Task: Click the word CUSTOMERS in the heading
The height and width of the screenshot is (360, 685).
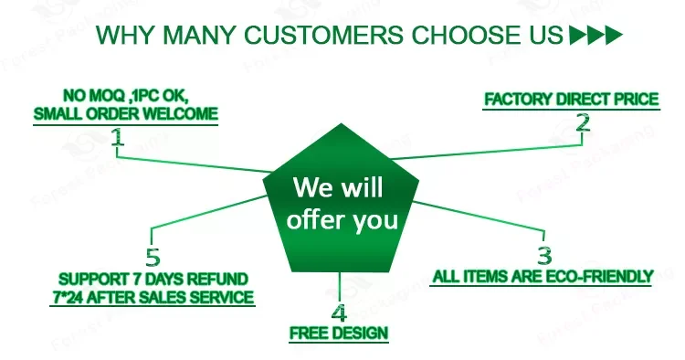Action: click(x=323, y=35)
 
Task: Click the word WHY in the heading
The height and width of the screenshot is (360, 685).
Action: click(x=123, y=35)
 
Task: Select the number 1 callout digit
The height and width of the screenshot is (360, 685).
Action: click(x=117, y=137)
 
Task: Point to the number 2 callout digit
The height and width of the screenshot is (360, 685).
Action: click(x=583, y=122)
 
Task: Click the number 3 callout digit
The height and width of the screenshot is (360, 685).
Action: click(x=544, y=255)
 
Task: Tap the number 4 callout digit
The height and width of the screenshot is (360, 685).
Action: click(x=339, y=312)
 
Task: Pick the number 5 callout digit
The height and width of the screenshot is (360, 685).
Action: click(x=153, y=258)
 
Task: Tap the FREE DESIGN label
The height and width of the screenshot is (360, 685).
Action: click(x=339, y=334)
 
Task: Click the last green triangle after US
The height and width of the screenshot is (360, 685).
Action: click(x=614, y=36)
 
